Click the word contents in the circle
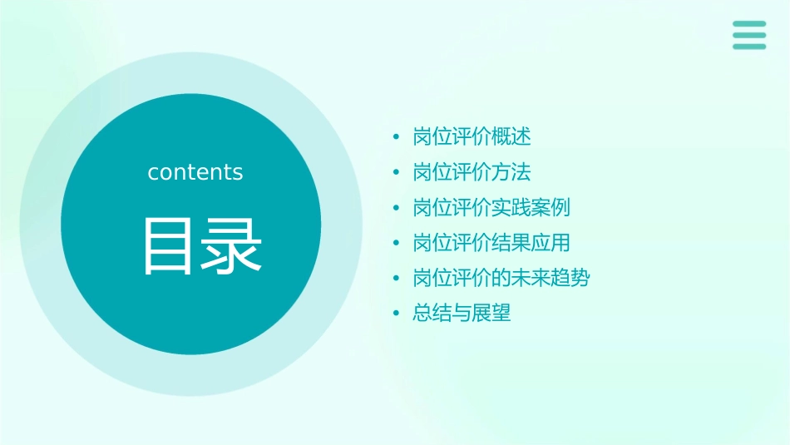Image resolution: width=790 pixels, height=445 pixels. click(x=195, y=172)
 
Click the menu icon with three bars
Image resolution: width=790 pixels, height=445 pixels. click(x=749, y=35)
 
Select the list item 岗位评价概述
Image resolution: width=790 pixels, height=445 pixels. click(x=472, y=136)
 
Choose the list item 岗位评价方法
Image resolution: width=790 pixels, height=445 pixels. click(x=472, y=172)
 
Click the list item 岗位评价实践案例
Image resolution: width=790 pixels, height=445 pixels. click(x=491, y=207)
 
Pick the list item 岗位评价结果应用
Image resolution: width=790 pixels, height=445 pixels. click(x=491, y=243)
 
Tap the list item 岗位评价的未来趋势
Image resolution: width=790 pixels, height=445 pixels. click(x=501, y=278)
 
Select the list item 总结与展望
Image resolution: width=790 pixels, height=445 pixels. click(x=462, y=314)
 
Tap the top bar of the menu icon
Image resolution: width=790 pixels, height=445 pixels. click(x=749, y=24)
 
